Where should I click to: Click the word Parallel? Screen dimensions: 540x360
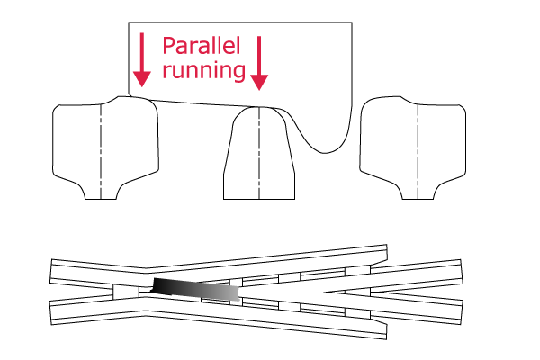(201, 46)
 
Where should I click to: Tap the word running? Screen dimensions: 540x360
(204, 70)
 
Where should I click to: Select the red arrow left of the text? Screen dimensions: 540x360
(142, 59)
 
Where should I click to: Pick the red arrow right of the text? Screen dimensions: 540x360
(259, 63)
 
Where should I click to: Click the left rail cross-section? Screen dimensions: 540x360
(105, 148)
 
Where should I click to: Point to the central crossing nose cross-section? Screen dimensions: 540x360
(259, 153)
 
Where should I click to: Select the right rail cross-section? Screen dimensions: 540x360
(412, 148)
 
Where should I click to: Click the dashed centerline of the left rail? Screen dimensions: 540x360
(101, 151)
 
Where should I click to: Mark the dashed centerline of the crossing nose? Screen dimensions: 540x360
(259, 153)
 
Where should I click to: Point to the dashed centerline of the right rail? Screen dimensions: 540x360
(418, 151)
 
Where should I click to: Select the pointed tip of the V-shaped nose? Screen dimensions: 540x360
(325, 292)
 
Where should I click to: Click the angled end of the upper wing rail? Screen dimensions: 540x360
(386, 252)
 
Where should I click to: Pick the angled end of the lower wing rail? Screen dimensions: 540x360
(386, 330)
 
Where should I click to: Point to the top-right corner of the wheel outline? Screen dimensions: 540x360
(352, 22)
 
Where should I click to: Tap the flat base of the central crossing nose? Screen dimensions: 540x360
(259, 199)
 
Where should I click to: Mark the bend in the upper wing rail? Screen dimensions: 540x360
(146, 267)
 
